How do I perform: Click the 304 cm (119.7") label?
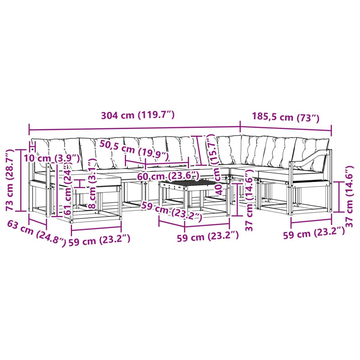[138, 115]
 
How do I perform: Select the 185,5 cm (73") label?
[286, 117]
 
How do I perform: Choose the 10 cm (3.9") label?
[52, 158]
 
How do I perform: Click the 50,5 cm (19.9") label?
[134, 150]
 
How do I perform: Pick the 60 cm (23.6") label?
[168, 176]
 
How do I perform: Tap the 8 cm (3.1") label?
[92, 184]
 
